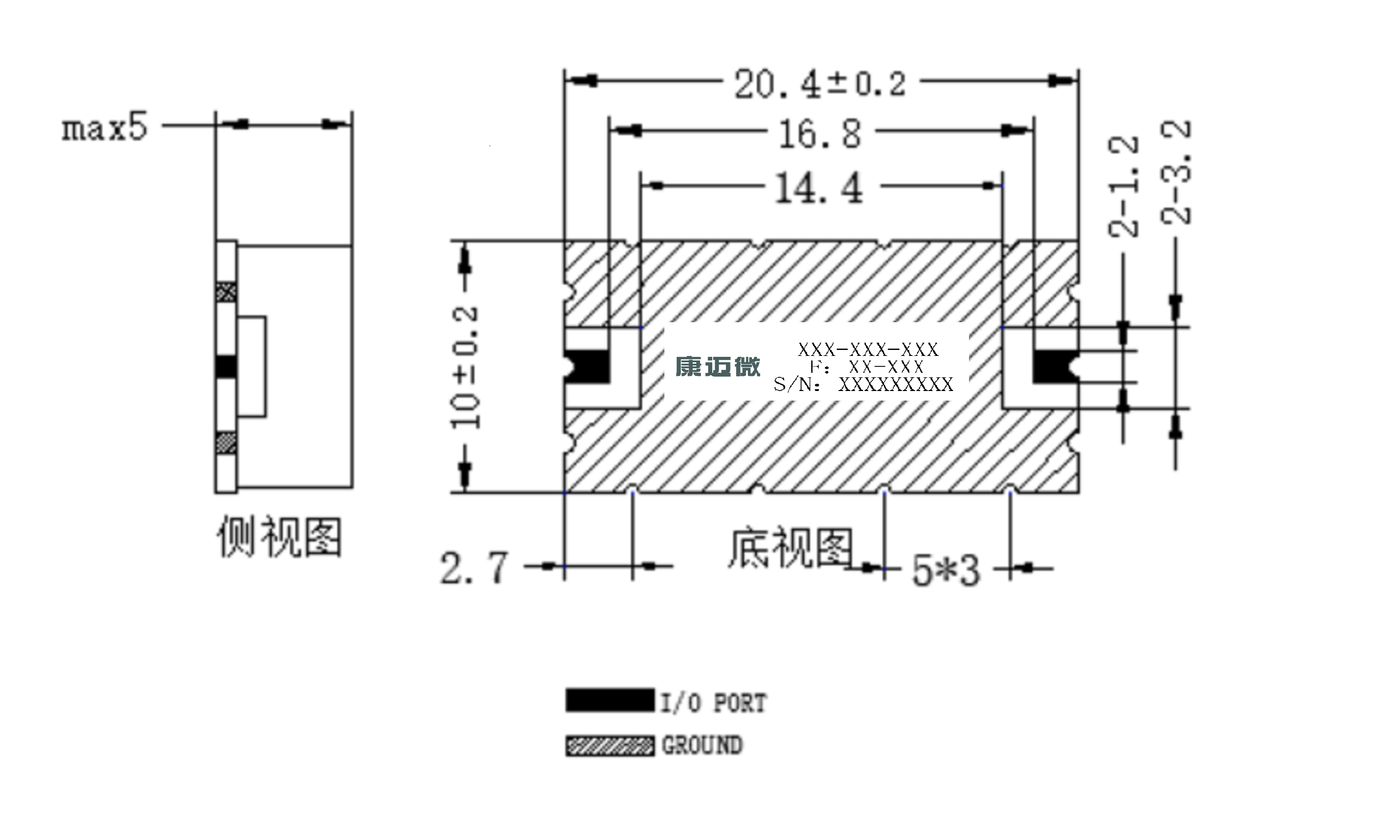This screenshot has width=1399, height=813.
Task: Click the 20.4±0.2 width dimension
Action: tap(820, 84)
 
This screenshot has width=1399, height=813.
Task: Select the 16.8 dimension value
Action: tap(820, 134)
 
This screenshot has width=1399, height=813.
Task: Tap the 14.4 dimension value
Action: tap(819, 188)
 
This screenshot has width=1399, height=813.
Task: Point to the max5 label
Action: tap(104, 127)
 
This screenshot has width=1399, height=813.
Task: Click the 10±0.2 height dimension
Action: tap(465, 367)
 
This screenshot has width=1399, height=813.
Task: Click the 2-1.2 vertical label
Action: tap(1123, 186)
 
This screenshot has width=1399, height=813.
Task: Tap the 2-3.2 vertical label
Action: tap(1175, 172)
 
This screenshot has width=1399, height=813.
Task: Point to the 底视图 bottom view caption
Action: tap(790, 548)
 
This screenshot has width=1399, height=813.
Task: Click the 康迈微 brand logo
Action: tap(717, 366)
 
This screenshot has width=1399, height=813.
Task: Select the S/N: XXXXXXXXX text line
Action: tap(863, 385)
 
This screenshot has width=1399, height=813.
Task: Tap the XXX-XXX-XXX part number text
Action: tap(868, 349)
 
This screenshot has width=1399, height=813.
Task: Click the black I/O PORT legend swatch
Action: tap(610, 700)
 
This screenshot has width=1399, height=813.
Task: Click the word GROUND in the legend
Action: tap(702, 745)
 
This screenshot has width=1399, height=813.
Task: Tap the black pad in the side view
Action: tap(226, 367)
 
